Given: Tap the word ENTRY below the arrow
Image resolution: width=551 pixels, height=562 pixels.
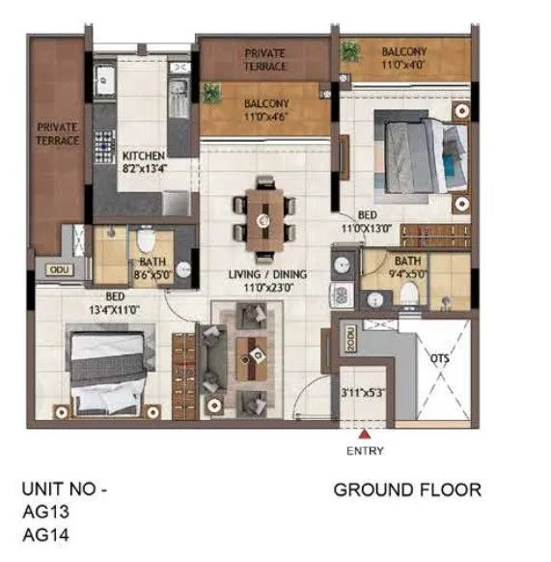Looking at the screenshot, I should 364,451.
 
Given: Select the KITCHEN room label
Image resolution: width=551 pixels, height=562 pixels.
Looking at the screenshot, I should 143,156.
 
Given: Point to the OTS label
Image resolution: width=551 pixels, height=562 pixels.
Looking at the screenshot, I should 439,357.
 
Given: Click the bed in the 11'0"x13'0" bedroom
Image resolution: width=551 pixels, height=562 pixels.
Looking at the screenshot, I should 413,157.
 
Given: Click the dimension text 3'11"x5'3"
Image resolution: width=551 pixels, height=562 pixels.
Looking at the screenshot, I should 363,394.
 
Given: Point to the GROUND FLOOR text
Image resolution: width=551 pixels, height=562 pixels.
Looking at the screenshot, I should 406,491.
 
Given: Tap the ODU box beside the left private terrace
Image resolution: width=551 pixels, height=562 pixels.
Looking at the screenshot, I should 60,270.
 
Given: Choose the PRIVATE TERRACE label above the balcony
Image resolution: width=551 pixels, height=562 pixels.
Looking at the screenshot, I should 264,60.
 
